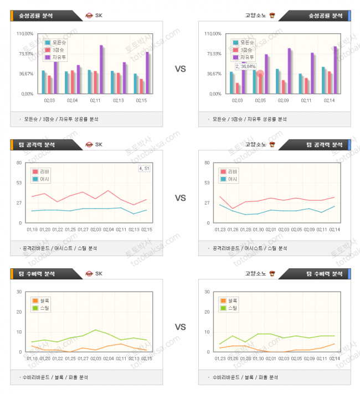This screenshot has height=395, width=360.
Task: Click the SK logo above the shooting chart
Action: click(x=89, y=15)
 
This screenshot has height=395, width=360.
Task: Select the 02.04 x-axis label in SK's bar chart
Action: click(x=73, y=100)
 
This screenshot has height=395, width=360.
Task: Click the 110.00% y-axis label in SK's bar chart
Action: click(x=26, y=34)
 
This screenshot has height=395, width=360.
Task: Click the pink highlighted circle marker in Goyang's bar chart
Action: click(x=260, y=74)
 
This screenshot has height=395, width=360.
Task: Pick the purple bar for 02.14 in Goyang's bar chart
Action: click(x=335, y=70)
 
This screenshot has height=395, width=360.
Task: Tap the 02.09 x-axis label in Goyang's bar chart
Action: click(x=283, y=100)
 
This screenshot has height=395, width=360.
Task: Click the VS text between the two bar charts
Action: click(x=181, y=69)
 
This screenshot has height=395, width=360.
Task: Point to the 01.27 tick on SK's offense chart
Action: click(x=83, y=229)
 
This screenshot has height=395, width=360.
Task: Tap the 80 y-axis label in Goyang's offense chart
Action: click(x=207, y=163)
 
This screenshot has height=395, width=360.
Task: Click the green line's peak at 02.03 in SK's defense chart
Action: click(x=95, y=330)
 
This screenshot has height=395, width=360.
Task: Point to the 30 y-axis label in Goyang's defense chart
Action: click(x=207, y=292)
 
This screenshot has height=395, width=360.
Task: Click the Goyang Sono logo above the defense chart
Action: click(x=271, y=273)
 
